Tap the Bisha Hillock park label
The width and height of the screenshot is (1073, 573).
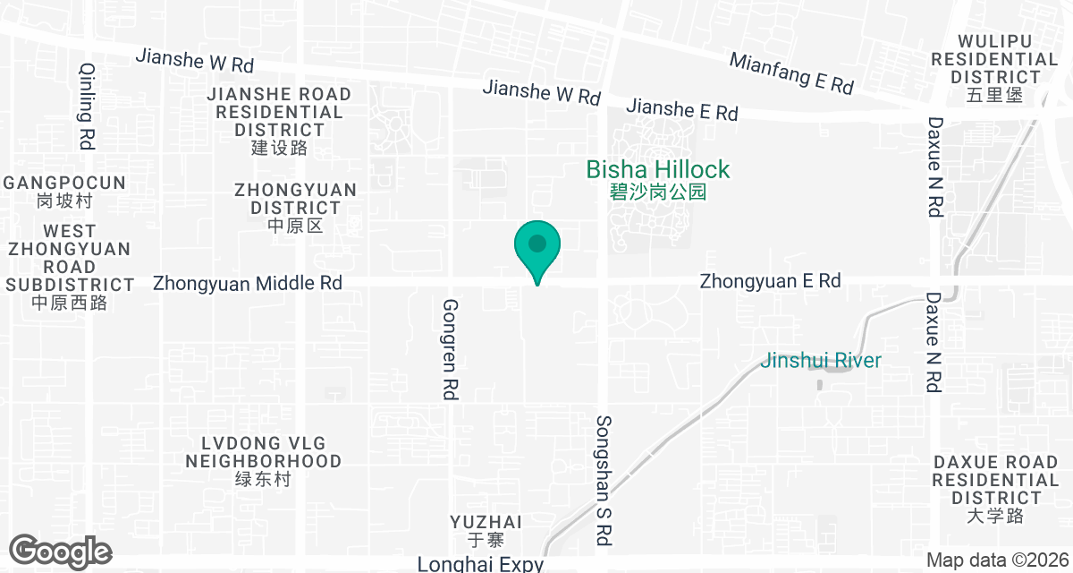pyautogui.click(x=658, y=178)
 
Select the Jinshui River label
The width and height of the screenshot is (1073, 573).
pyautogui.click(x=821, y=361)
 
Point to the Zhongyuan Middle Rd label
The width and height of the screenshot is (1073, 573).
pyautogui.click(x=248, y=283)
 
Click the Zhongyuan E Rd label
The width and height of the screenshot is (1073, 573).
pyautogui.click(x=770, y=281)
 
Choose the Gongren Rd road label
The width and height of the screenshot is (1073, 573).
pyautogui.click(x=450, y=348)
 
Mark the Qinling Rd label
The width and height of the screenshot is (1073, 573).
pyautogui.click(x=87, y=106)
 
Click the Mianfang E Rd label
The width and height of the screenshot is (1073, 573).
pyautogui.click(x=791, y=73)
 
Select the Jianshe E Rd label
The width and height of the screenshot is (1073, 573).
pyautogui.click(x=682, y=110)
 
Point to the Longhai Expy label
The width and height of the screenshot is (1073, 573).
pyautogui.click(x=480, y=564)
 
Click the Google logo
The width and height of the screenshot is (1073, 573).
pyautogui.click(x=60, y=551)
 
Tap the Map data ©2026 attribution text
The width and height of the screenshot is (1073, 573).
pyautogui.click(x=995, y=560)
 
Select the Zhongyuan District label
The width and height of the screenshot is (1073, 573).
pyautogui.click(x=295, y=208)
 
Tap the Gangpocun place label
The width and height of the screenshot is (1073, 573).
pyautogui.click(x=63, y=191)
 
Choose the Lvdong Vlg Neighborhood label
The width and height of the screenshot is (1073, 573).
pyautogui.click(x=263, y=461)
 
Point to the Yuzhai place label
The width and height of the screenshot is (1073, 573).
pyautogui.click(x=486, y=530)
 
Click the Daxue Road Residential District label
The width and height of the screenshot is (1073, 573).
pyautogui.click(x=994, y=489)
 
